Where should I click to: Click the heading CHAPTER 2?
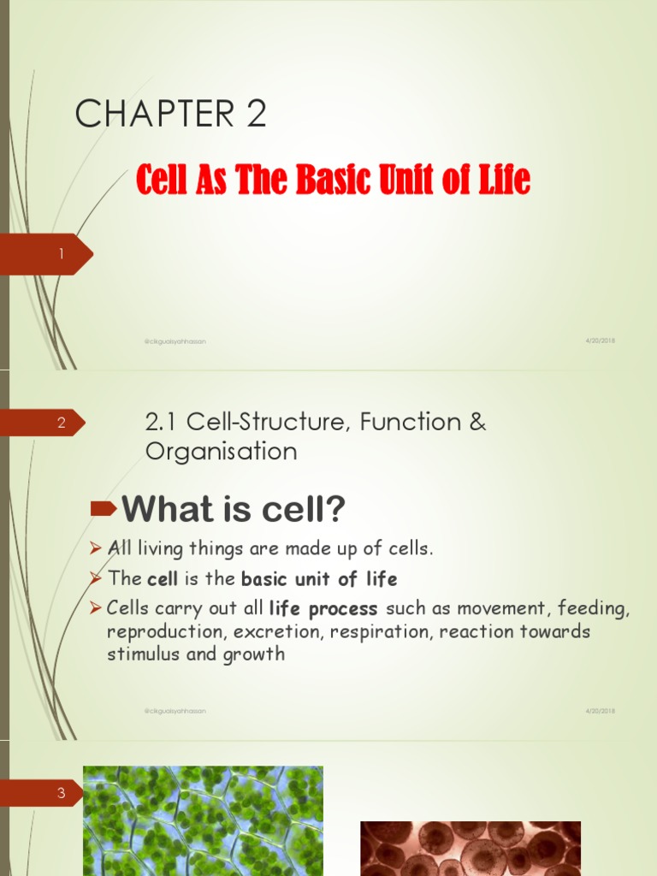170,114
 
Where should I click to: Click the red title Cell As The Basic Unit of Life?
334,180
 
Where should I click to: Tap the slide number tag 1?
61,254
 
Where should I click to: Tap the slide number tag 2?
61,423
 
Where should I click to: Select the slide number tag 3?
61,793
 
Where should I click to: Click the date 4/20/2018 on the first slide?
601,340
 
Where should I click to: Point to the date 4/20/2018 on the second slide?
601,711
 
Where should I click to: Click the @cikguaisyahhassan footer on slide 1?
175,341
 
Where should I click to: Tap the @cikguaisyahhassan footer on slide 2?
175,711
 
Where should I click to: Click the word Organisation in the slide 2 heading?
222,451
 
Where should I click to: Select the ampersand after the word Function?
476,422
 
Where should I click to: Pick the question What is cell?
234,511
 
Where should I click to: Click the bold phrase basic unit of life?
319,579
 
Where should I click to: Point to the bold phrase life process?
323,609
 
